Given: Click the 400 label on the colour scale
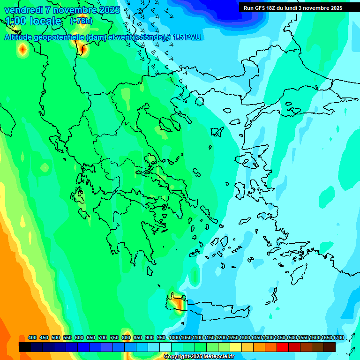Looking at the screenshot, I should point(32,337).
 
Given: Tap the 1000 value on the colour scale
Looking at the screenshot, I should point(174,337).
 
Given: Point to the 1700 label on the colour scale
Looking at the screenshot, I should point(338,337).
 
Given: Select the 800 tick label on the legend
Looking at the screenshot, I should point(126,337).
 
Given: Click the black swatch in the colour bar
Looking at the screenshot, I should point(25,347).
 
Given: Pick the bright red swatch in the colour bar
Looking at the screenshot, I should point(283,347).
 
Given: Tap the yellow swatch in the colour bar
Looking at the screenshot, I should point(236,347).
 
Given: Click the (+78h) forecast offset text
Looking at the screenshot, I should point(81,21).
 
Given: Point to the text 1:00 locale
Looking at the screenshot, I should point(33,21).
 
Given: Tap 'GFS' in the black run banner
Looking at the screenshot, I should point(259,8).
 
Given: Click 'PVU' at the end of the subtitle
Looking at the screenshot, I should point(193,37).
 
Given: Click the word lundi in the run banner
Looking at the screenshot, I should point(292,8).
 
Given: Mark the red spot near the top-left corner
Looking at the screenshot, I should point(22,48).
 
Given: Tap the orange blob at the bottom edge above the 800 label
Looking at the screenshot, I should point(126,332).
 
